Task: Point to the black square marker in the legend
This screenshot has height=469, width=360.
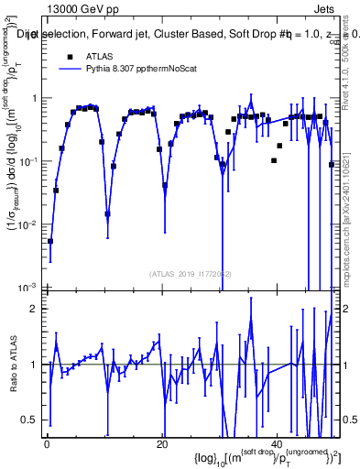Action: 68,56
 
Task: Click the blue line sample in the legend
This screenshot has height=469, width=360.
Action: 68,70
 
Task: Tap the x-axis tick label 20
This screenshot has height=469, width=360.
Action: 162,442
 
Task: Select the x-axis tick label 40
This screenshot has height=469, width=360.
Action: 278,442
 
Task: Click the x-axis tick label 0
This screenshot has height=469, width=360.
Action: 47,442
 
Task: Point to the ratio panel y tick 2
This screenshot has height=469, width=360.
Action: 35,309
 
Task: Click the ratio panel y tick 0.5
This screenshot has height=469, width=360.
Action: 30,420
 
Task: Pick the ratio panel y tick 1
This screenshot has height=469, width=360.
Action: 35,364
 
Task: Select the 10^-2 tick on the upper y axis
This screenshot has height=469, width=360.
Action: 27,224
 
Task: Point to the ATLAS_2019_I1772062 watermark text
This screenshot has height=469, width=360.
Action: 191,274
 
